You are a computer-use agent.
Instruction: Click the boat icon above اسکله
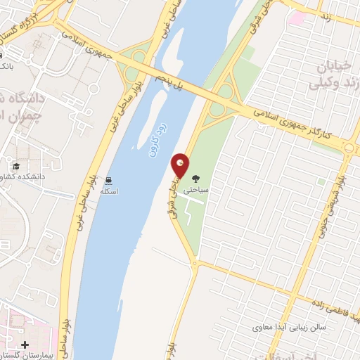(108, 180)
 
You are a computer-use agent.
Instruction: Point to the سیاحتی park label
(196, 190)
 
